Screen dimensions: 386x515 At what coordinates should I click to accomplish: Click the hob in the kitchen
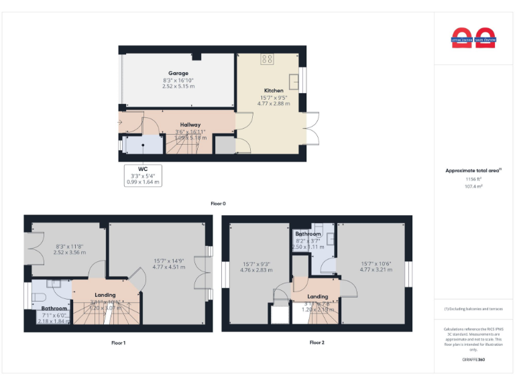click(x=267, y=59)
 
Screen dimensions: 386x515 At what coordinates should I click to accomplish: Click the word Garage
click(x=178, y=73)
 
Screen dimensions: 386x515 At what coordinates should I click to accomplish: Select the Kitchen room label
click(x=273, y=90)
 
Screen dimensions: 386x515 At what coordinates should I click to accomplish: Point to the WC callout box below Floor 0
click(x=143, y=176)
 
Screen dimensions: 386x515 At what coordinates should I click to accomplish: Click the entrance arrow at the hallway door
click(x=119, y=122)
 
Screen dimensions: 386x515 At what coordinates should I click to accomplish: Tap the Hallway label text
click(x=190, y=125)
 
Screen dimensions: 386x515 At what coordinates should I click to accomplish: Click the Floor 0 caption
click(x=219, y=203)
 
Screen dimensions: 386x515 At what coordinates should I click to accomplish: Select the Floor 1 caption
click(x=118, y=342)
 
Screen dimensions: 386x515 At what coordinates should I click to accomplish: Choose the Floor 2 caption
click(x=317, y=342)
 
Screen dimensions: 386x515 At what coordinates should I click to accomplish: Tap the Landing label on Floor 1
click(x=105, y=295)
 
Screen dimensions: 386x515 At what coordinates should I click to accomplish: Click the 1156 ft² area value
click(x=474, y=180)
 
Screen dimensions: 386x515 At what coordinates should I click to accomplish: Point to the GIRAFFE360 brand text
click(x=474, y=360)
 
